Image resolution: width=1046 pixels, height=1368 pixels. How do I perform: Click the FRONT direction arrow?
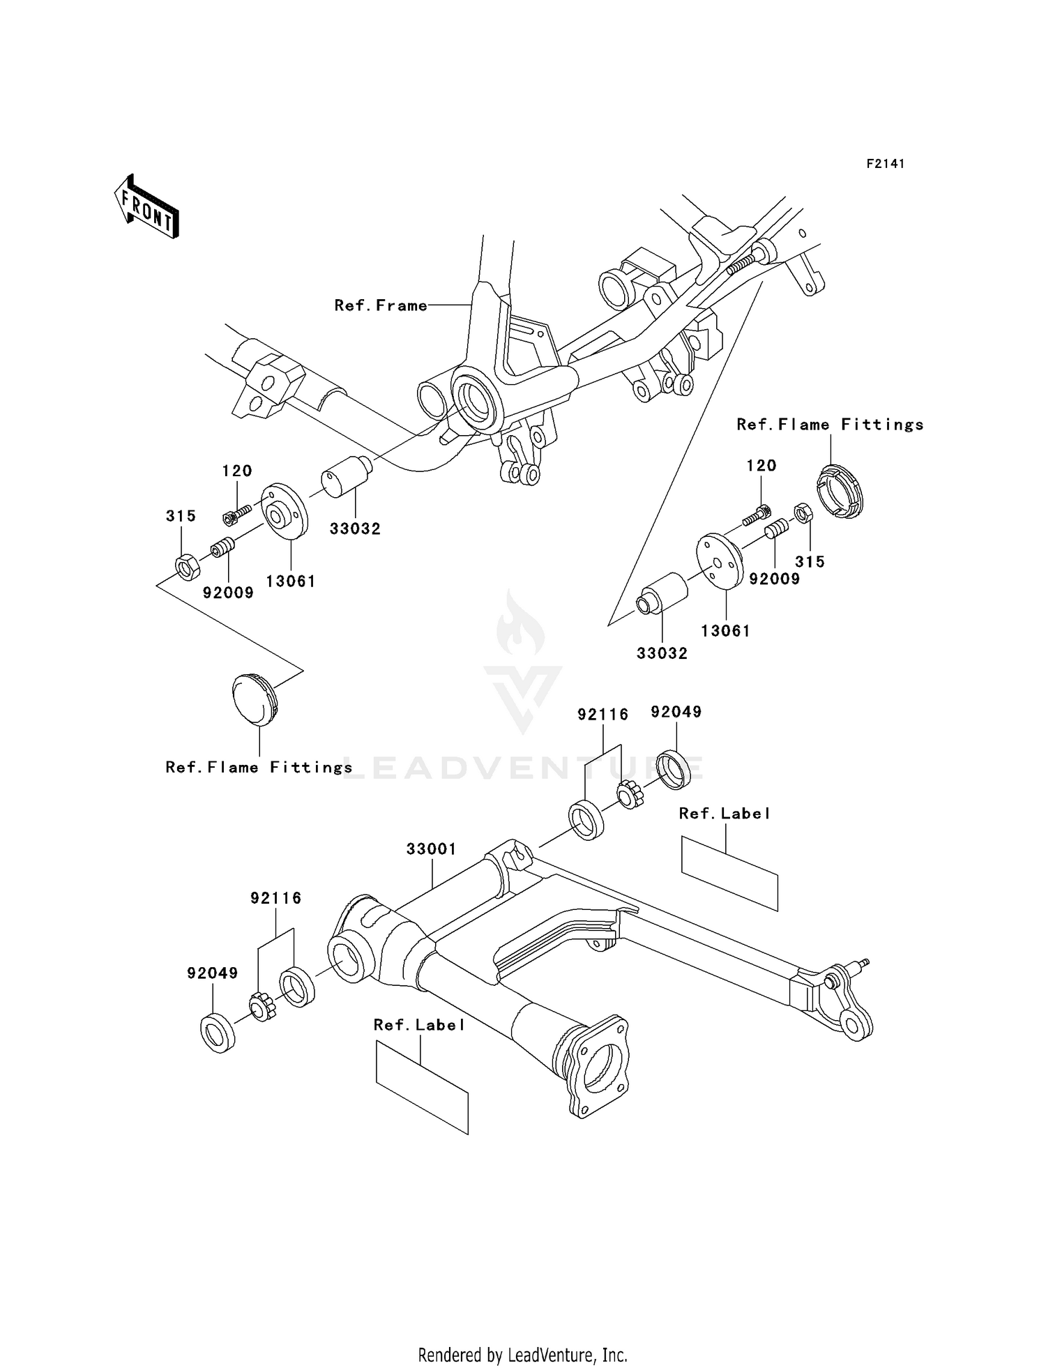(x=147, y=208)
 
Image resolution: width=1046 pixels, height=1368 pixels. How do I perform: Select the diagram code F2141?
(x=885, y=164)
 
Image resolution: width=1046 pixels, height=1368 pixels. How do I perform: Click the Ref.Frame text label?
(x=380, y=305)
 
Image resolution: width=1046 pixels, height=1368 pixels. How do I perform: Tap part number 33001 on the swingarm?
(x=431, y=849)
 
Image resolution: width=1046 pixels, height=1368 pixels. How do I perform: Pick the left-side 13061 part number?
(x=291, y=581)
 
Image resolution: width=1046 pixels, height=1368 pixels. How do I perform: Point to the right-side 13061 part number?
(x=725, y=630)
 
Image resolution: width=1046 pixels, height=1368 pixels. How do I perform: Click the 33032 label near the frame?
(x=355, y=529)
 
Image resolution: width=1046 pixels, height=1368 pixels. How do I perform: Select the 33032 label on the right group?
(x=662, y=653)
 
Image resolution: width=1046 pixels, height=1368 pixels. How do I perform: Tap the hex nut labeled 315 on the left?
(x=187, y=566)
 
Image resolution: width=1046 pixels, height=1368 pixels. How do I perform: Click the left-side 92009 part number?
(x=228, y=593)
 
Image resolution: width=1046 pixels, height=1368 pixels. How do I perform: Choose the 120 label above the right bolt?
(x=761, y=465)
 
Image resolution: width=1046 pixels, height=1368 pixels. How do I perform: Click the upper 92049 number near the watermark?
(x=676, y=712)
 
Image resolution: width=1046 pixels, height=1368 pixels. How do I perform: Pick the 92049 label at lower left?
(x=212, y=973)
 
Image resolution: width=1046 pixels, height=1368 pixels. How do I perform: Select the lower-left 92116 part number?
(x=276, y=898)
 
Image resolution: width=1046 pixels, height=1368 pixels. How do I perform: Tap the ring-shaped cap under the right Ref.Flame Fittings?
(x=840, y=491)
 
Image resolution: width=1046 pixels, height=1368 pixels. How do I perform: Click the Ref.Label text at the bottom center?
(x=418, y=1025)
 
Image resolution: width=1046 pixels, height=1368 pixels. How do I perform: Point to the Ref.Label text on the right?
(x=725, y=814)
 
